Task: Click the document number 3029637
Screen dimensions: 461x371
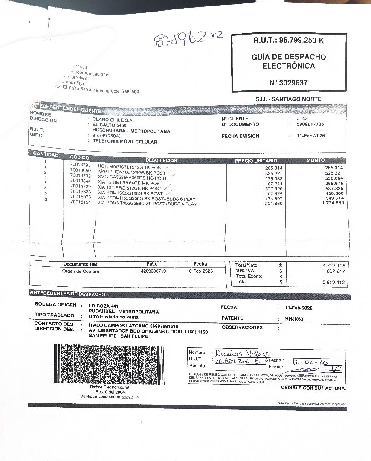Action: [288, 82]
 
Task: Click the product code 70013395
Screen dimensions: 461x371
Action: [80, 165]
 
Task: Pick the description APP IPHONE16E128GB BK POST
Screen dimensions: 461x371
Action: [131, 172]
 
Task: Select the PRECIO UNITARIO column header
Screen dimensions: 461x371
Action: [256, 160]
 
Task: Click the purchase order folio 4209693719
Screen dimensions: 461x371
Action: [153, 271]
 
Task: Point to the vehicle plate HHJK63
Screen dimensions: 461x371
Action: [294, 318]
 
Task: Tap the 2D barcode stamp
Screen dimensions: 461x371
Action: [109, 364]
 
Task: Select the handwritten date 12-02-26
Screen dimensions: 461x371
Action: [310, 362]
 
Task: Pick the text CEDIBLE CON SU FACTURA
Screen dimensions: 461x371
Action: [313, 388]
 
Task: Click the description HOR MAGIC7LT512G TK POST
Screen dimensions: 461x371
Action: [130, 167]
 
